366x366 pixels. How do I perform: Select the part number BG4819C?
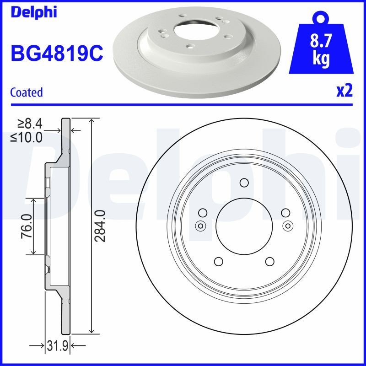(56, 54)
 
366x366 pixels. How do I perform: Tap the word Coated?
(26, 92)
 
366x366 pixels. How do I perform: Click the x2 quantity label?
(344, 91)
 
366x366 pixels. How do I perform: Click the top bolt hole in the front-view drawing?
(244, 183)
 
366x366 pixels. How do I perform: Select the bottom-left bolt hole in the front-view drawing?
(218, 261)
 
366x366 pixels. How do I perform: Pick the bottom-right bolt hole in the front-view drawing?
(269, 261)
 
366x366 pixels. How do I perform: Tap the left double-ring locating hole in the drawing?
(200, 225)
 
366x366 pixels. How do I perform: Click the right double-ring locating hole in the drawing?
(288, 225)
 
